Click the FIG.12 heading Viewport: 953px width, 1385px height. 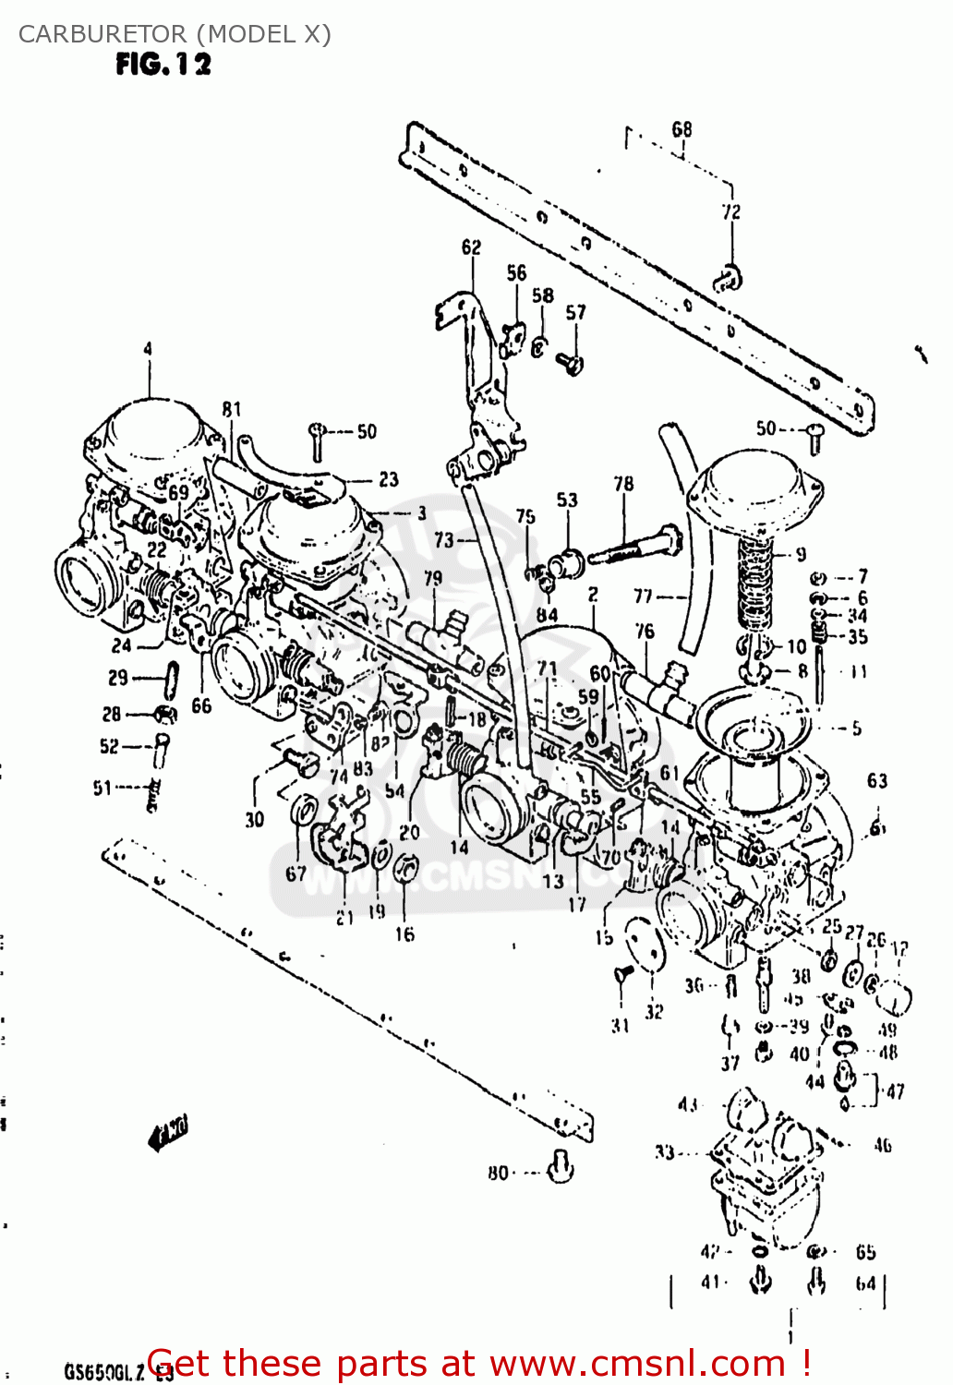(163, 64)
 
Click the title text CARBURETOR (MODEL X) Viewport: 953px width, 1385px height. (175, 34)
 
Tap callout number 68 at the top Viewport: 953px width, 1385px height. (682, 129)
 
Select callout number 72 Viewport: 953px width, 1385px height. (730, 211)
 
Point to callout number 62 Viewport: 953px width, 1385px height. (471, 247)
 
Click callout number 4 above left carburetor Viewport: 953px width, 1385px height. (147, 349)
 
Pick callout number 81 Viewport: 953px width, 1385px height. (231, 409)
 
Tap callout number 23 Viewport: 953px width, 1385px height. (389, 478)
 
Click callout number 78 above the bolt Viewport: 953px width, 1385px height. (624, 483)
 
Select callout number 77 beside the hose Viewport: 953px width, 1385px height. (644, 596)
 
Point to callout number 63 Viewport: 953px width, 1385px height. (876, 781)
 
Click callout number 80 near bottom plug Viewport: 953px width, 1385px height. (498, 1173)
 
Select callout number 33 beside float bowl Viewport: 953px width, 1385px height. (664, 1151)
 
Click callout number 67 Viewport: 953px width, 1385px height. (296, 873)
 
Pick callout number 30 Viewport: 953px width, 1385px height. (254, 818)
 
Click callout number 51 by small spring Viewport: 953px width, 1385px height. (102, 788)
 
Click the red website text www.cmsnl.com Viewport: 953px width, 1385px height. (637, 1363)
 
